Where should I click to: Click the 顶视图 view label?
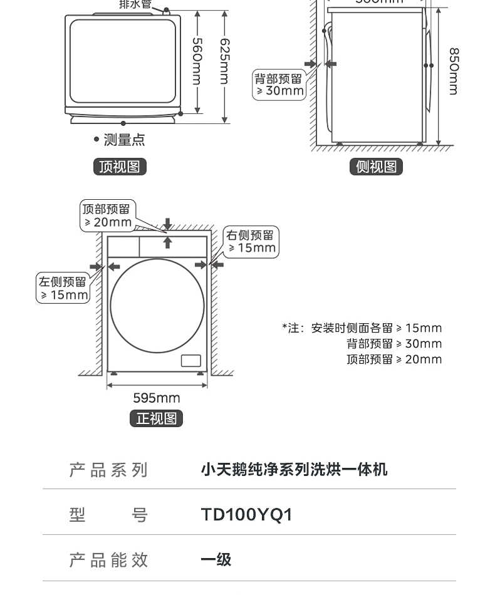[119, 167]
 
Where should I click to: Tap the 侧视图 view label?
[376, 167]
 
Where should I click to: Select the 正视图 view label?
[156, 418]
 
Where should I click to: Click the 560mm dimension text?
[197, 61]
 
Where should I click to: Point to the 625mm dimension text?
[224, 61]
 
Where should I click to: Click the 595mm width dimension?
[156, 398]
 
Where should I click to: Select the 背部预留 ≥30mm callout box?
[279, 85]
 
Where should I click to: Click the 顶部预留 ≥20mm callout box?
[107, 215]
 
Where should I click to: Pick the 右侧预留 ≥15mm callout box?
[251, 241]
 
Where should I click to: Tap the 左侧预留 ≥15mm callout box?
[63, 288]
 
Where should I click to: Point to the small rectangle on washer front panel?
[190, 360]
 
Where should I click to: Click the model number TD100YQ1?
[246, 515]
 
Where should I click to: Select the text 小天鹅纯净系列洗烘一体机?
[294, 469]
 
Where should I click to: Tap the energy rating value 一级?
[216, 559]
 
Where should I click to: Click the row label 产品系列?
[108, 470]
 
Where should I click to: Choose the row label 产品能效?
[108, 559]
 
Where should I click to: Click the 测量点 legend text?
[123, 140]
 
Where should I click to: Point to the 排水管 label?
[135, 4]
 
